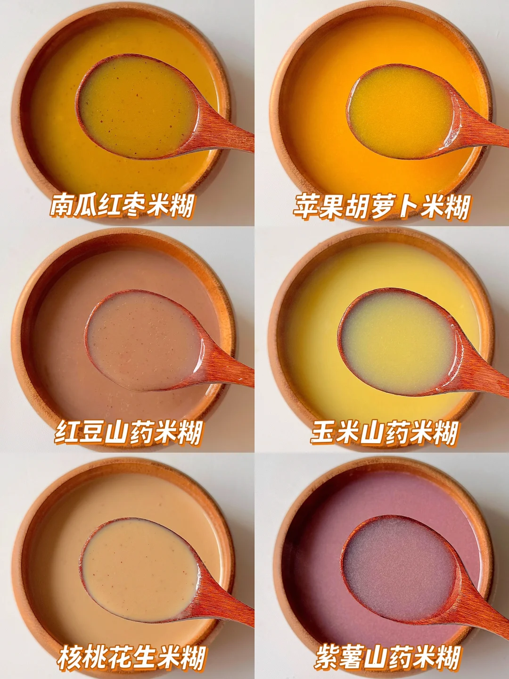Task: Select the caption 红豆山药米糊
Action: (128, 432)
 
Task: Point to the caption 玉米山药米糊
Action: (384, 432)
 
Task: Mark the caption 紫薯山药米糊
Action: (388, 656)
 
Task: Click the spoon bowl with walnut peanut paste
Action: (140, 570)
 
